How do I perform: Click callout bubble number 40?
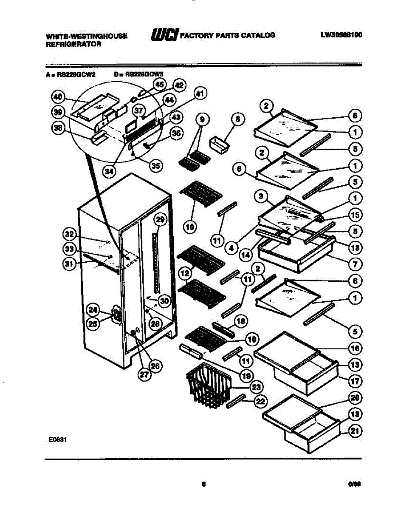pyautogui.click(x=58, y=97)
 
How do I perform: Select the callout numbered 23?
pyautogui.click(x=256, y=387)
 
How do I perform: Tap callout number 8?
pyautogui.click(x=238, y=119)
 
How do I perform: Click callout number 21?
pyautogui.click(x=355, y=431)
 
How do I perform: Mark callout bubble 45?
pyautogui.click(x=159, y=85)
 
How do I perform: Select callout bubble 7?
pyautogui.click(x=355, y=264)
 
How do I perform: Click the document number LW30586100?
pyautogui.click(x=341, y=36)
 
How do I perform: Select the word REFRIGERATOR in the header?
pyautogui.click(x=73, y=44)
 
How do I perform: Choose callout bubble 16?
pyautogui.click(x=355, y=348)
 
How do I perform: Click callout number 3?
pyautogui.click(x=262, y=196)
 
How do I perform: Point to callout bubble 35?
pyautogui.click(x=156, y=165)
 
